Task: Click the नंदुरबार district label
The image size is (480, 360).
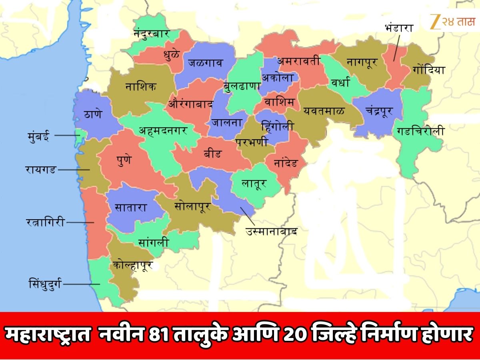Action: pos(152,34)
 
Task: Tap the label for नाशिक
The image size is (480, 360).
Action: pos(140,87)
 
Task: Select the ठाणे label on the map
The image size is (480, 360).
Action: pos(93,114)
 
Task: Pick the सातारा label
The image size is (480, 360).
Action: pos(131,208)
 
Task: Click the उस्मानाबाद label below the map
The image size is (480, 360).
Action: pos(272,231)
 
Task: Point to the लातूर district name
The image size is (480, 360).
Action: pos(254,184)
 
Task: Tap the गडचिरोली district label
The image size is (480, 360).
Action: pos(420,131)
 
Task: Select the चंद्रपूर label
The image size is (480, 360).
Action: pos(379,110)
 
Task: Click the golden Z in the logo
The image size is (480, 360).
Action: pos(433,22)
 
